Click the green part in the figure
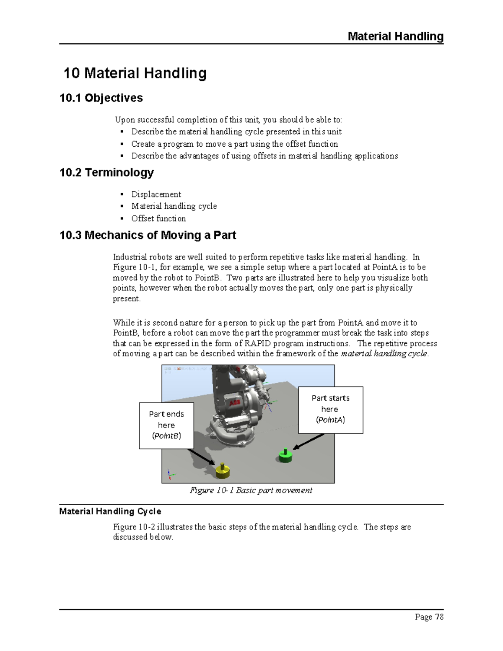[285, 456]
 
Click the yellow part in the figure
[223, 471]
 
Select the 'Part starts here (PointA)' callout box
[330, 410]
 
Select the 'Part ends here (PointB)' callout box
[166, 425]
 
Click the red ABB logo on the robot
[235, 403]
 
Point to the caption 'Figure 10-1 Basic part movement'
[251, 490]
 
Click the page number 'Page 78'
[429, 617]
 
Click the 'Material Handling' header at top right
[395, 36]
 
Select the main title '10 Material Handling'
[135, 73]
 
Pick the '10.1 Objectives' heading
[101, 98]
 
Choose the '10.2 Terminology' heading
[106, 172]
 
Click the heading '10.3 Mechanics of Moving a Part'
[148, 235]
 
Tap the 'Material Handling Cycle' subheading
[110, 511]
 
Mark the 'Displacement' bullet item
[156, 194]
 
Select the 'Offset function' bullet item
[158, 218]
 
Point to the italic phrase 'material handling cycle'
[384, 353]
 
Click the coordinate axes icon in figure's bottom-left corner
[170, 474]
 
